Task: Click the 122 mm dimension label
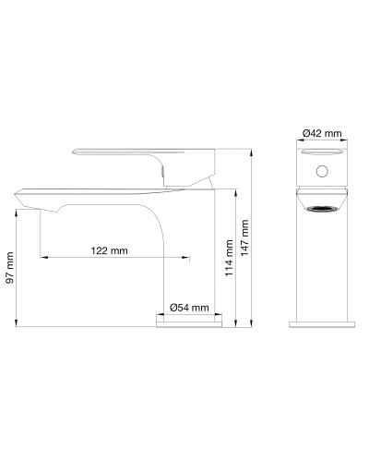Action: click(x=110, y=249)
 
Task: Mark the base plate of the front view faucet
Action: click(x=322, y=323)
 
